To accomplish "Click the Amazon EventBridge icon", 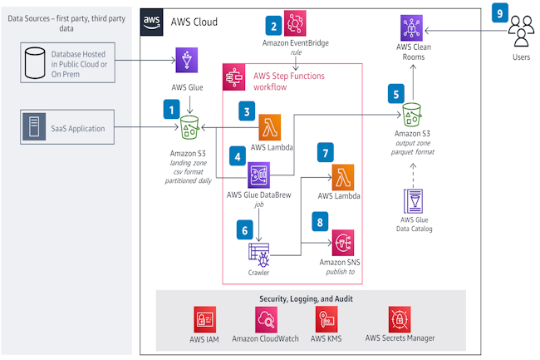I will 297,22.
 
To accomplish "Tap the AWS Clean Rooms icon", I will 412,27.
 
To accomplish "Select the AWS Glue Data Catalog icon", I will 413,202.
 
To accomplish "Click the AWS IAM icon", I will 205,318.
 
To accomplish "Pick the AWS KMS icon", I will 326,318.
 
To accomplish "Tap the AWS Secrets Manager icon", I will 400,318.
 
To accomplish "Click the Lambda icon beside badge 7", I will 344,177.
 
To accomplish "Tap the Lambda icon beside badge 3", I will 270,127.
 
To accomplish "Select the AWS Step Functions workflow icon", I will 235,77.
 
